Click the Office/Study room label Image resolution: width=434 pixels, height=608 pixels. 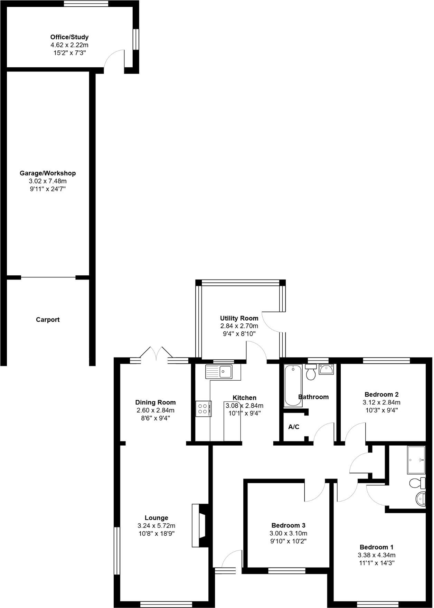(x=69, y=37)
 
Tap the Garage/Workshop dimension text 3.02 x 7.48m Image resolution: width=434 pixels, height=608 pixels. (x=48, y=181)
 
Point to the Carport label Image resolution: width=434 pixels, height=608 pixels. (x=48, y=320)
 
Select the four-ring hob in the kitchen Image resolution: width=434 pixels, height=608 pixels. (x=203, y=409)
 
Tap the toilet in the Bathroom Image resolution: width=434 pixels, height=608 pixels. (x=311, y=372)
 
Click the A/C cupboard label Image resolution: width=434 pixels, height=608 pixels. (x=294, y=427)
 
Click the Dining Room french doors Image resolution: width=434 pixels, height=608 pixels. (x=157, y=457)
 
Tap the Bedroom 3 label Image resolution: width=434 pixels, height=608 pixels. (x=288, y=525)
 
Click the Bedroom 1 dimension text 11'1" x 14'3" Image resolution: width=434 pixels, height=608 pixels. (x=376, y=563)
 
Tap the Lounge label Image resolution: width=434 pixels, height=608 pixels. (x=156, y=518)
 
